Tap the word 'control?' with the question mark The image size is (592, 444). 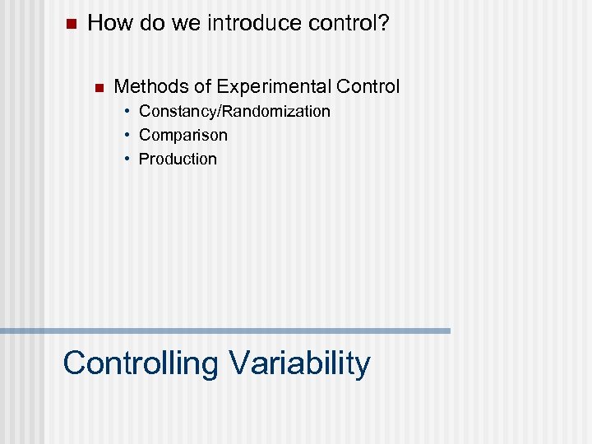point(349,23)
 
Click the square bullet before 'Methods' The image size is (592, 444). point(98,87)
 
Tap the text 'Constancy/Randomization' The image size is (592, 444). point(234,111)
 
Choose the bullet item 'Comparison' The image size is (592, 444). point(183,135)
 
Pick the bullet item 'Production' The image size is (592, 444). point(178,159)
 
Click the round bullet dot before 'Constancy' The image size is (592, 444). point(128,111)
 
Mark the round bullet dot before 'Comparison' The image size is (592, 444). point(128,135)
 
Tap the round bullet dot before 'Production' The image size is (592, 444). point(128,159)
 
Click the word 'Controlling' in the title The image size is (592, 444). point(140,363)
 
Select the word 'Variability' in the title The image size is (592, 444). point(299,363)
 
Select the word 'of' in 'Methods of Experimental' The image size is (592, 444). point(202,86)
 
